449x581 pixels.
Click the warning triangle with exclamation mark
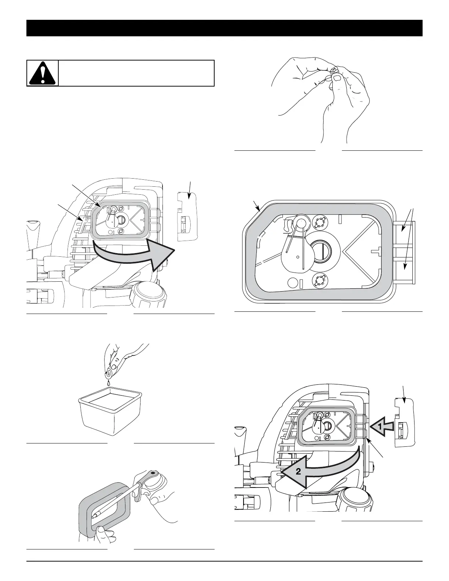click(x=43, y=73)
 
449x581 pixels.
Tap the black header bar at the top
click(x=224, y=28)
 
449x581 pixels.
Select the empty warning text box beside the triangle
click(x=136, y=73)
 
